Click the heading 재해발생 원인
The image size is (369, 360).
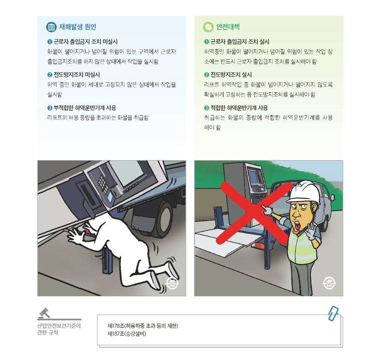[77, 27]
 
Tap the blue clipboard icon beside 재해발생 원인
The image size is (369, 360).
[51, 27]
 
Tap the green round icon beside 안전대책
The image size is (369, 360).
[208, 27]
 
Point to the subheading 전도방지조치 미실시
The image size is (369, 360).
[73, 74]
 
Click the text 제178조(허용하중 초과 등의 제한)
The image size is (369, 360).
[143, 326]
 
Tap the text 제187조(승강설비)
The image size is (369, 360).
[126, 333]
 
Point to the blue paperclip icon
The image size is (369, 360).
[333, 313]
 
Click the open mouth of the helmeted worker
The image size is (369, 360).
[298, 226]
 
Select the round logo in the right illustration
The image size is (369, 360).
[329, 283]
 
